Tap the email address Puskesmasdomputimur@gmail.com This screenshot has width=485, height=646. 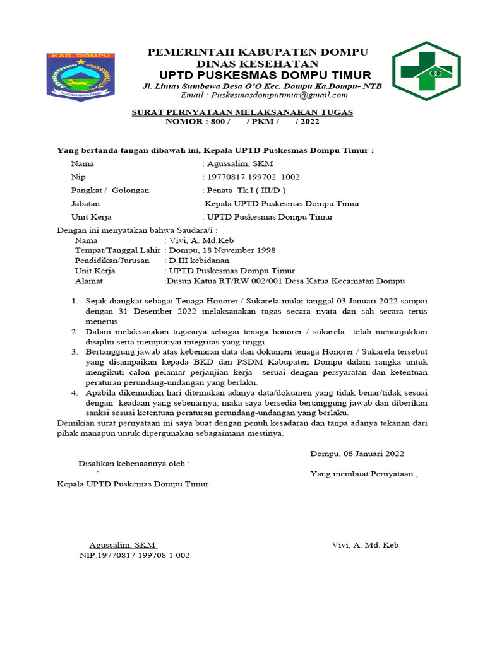coord(264,95)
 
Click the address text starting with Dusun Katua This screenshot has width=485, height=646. coord(285,281)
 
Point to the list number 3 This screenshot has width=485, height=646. coord(73,351)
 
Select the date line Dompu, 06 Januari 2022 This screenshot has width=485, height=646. coord(357,454)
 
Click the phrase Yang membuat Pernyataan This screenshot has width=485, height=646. coord(364,474)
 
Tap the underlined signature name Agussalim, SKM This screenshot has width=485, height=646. coord(123,545)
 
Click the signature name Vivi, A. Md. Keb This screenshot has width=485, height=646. coord(365,545)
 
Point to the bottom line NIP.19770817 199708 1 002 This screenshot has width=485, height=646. coord(135,556)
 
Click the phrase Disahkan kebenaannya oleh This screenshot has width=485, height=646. coord(134,464)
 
